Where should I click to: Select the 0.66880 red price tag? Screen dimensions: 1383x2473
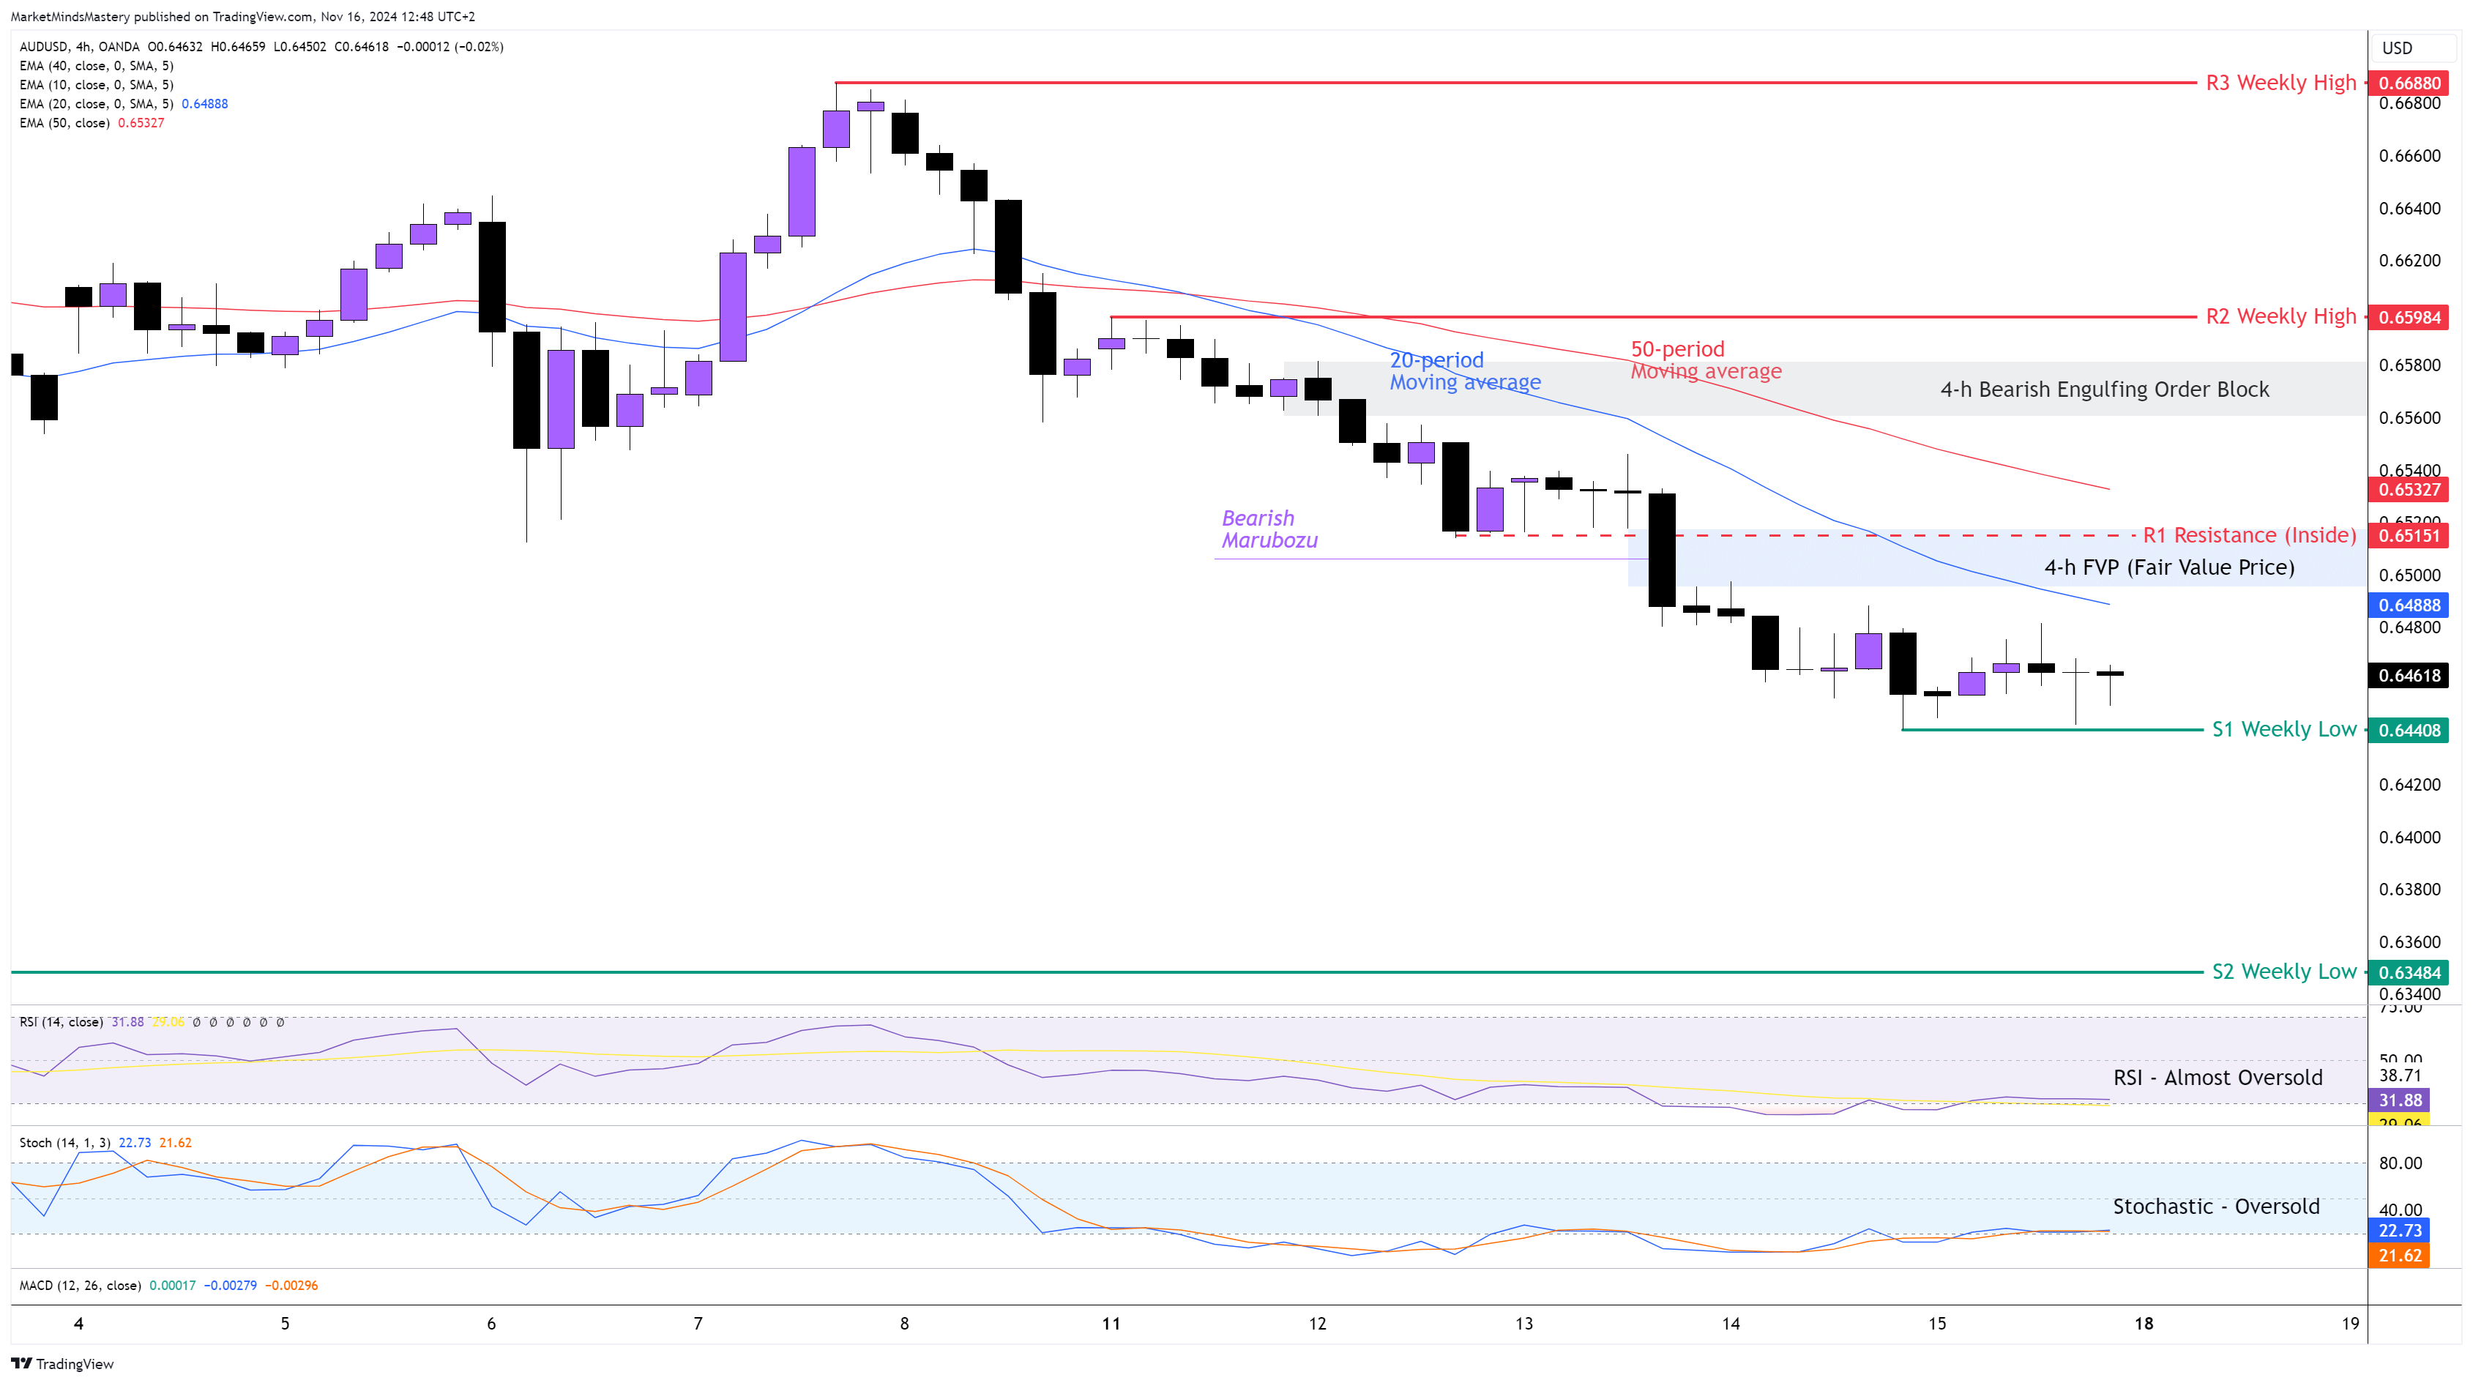point(2409,83)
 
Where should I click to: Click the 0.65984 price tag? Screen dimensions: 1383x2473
point(2409,318)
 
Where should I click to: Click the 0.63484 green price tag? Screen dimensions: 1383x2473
point(2409,972)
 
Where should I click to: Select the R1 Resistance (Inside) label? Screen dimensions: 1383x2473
point(2248,535)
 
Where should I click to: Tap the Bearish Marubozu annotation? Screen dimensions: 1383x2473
point(1269,529)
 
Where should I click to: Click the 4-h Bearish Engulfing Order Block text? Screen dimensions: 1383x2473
point(2104,389)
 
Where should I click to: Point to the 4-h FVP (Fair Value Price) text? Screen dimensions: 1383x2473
point(2168,567)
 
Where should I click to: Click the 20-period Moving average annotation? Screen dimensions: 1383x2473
point(1464,371)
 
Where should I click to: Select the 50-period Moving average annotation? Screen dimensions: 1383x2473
point(1705,360)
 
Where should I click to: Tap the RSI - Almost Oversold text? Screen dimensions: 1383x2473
point(2218,1078)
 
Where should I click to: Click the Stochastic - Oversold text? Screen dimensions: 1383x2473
point(2216,1207)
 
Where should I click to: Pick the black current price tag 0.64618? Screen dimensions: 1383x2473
point(2409,676)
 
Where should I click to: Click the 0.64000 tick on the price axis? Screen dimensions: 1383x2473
point(2409,837)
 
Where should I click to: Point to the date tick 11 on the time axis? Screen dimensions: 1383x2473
point(1111,1324)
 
